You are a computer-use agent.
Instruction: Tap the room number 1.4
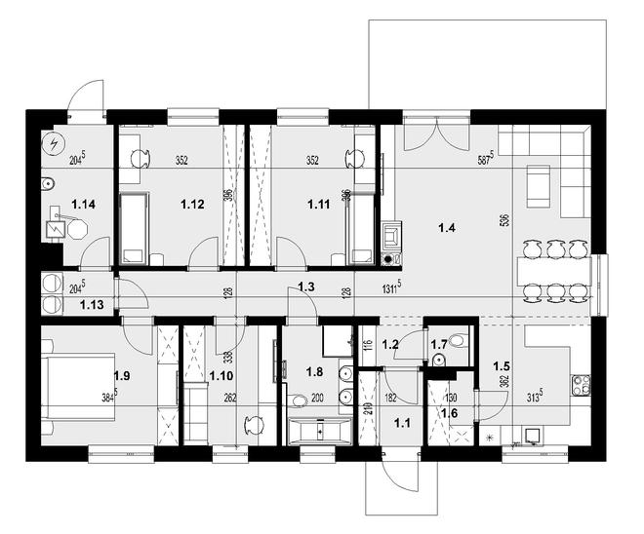pos(448,230)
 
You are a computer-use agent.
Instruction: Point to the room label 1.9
pos(122,374)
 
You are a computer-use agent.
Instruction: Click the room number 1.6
pos(450,413)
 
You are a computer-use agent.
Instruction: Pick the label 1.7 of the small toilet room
pos(438,344)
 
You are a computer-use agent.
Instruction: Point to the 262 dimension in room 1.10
pos(230,398)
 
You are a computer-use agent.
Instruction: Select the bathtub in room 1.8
pos(319,430)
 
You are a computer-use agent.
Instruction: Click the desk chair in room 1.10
pos(256,426)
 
